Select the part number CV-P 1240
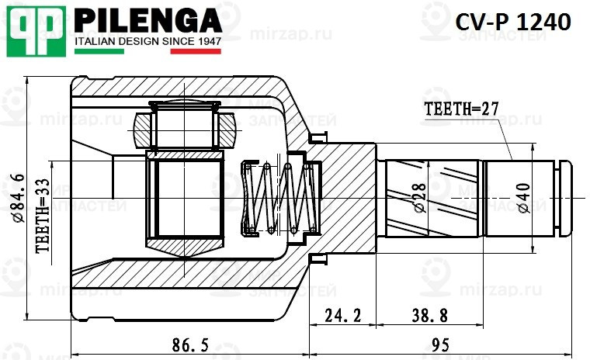click(512, 22)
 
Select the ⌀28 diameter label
click(420, 197)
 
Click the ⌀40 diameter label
click(522, 197)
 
